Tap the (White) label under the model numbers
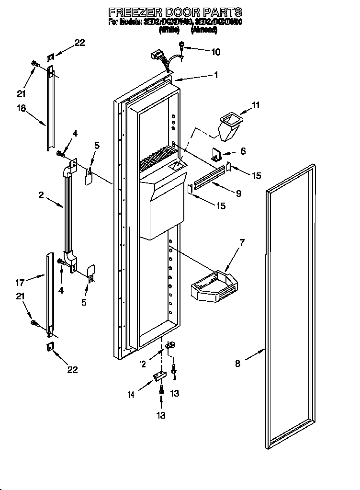[169, 30]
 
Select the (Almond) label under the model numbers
[204, 30]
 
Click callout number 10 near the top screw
[215, 52]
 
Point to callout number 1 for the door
[216, 75]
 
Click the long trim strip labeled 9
[208, 177]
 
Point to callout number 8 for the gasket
[238, 363]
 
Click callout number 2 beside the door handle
[41, 195]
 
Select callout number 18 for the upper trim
[22, 108]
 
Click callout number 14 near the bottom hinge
[130, 395]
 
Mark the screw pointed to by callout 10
[182, 46]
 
